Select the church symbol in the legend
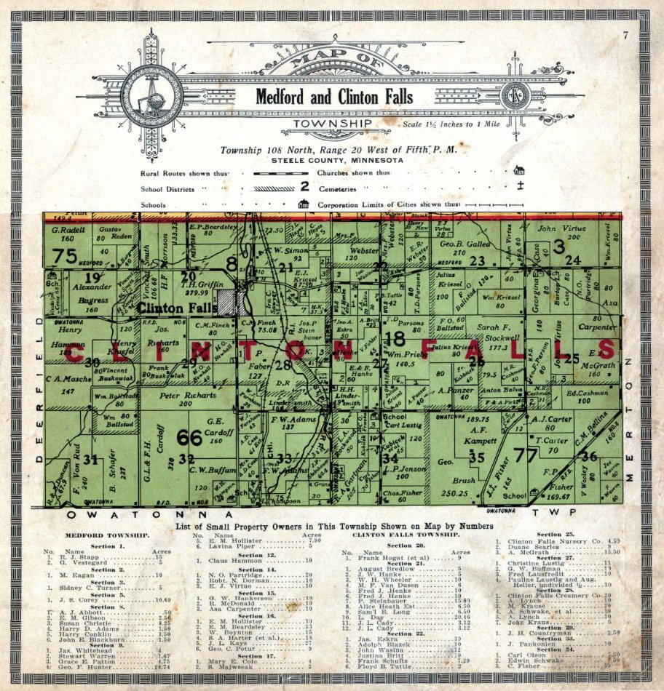coord(518,171)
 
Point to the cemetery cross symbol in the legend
coord(518,188)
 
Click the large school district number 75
coord(65,255)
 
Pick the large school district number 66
coord(189,438)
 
